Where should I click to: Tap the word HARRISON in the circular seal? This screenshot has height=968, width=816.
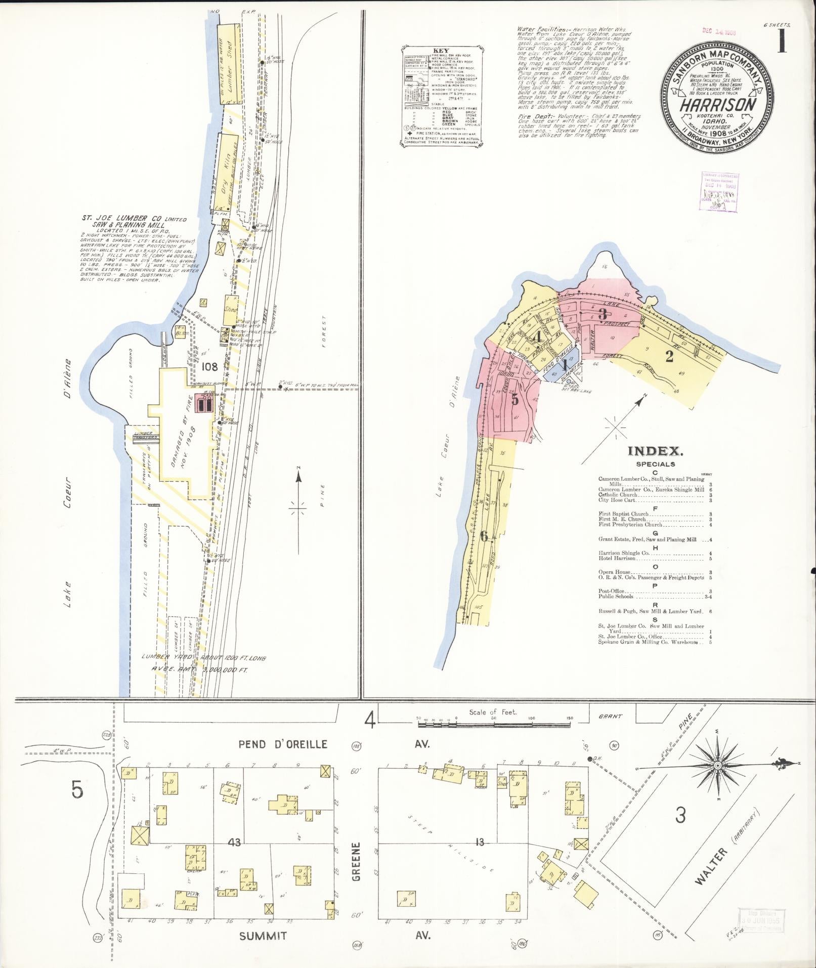click(x=718, y=105)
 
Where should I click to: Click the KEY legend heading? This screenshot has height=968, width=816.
click(x=441, y=51)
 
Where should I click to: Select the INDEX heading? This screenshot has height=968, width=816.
click(x=655, y=451)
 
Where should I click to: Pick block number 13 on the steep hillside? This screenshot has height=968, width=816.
click(x=480, y=842)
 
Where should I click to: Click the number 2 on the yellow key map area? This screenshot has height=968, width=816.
click(x=669, y=357)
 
